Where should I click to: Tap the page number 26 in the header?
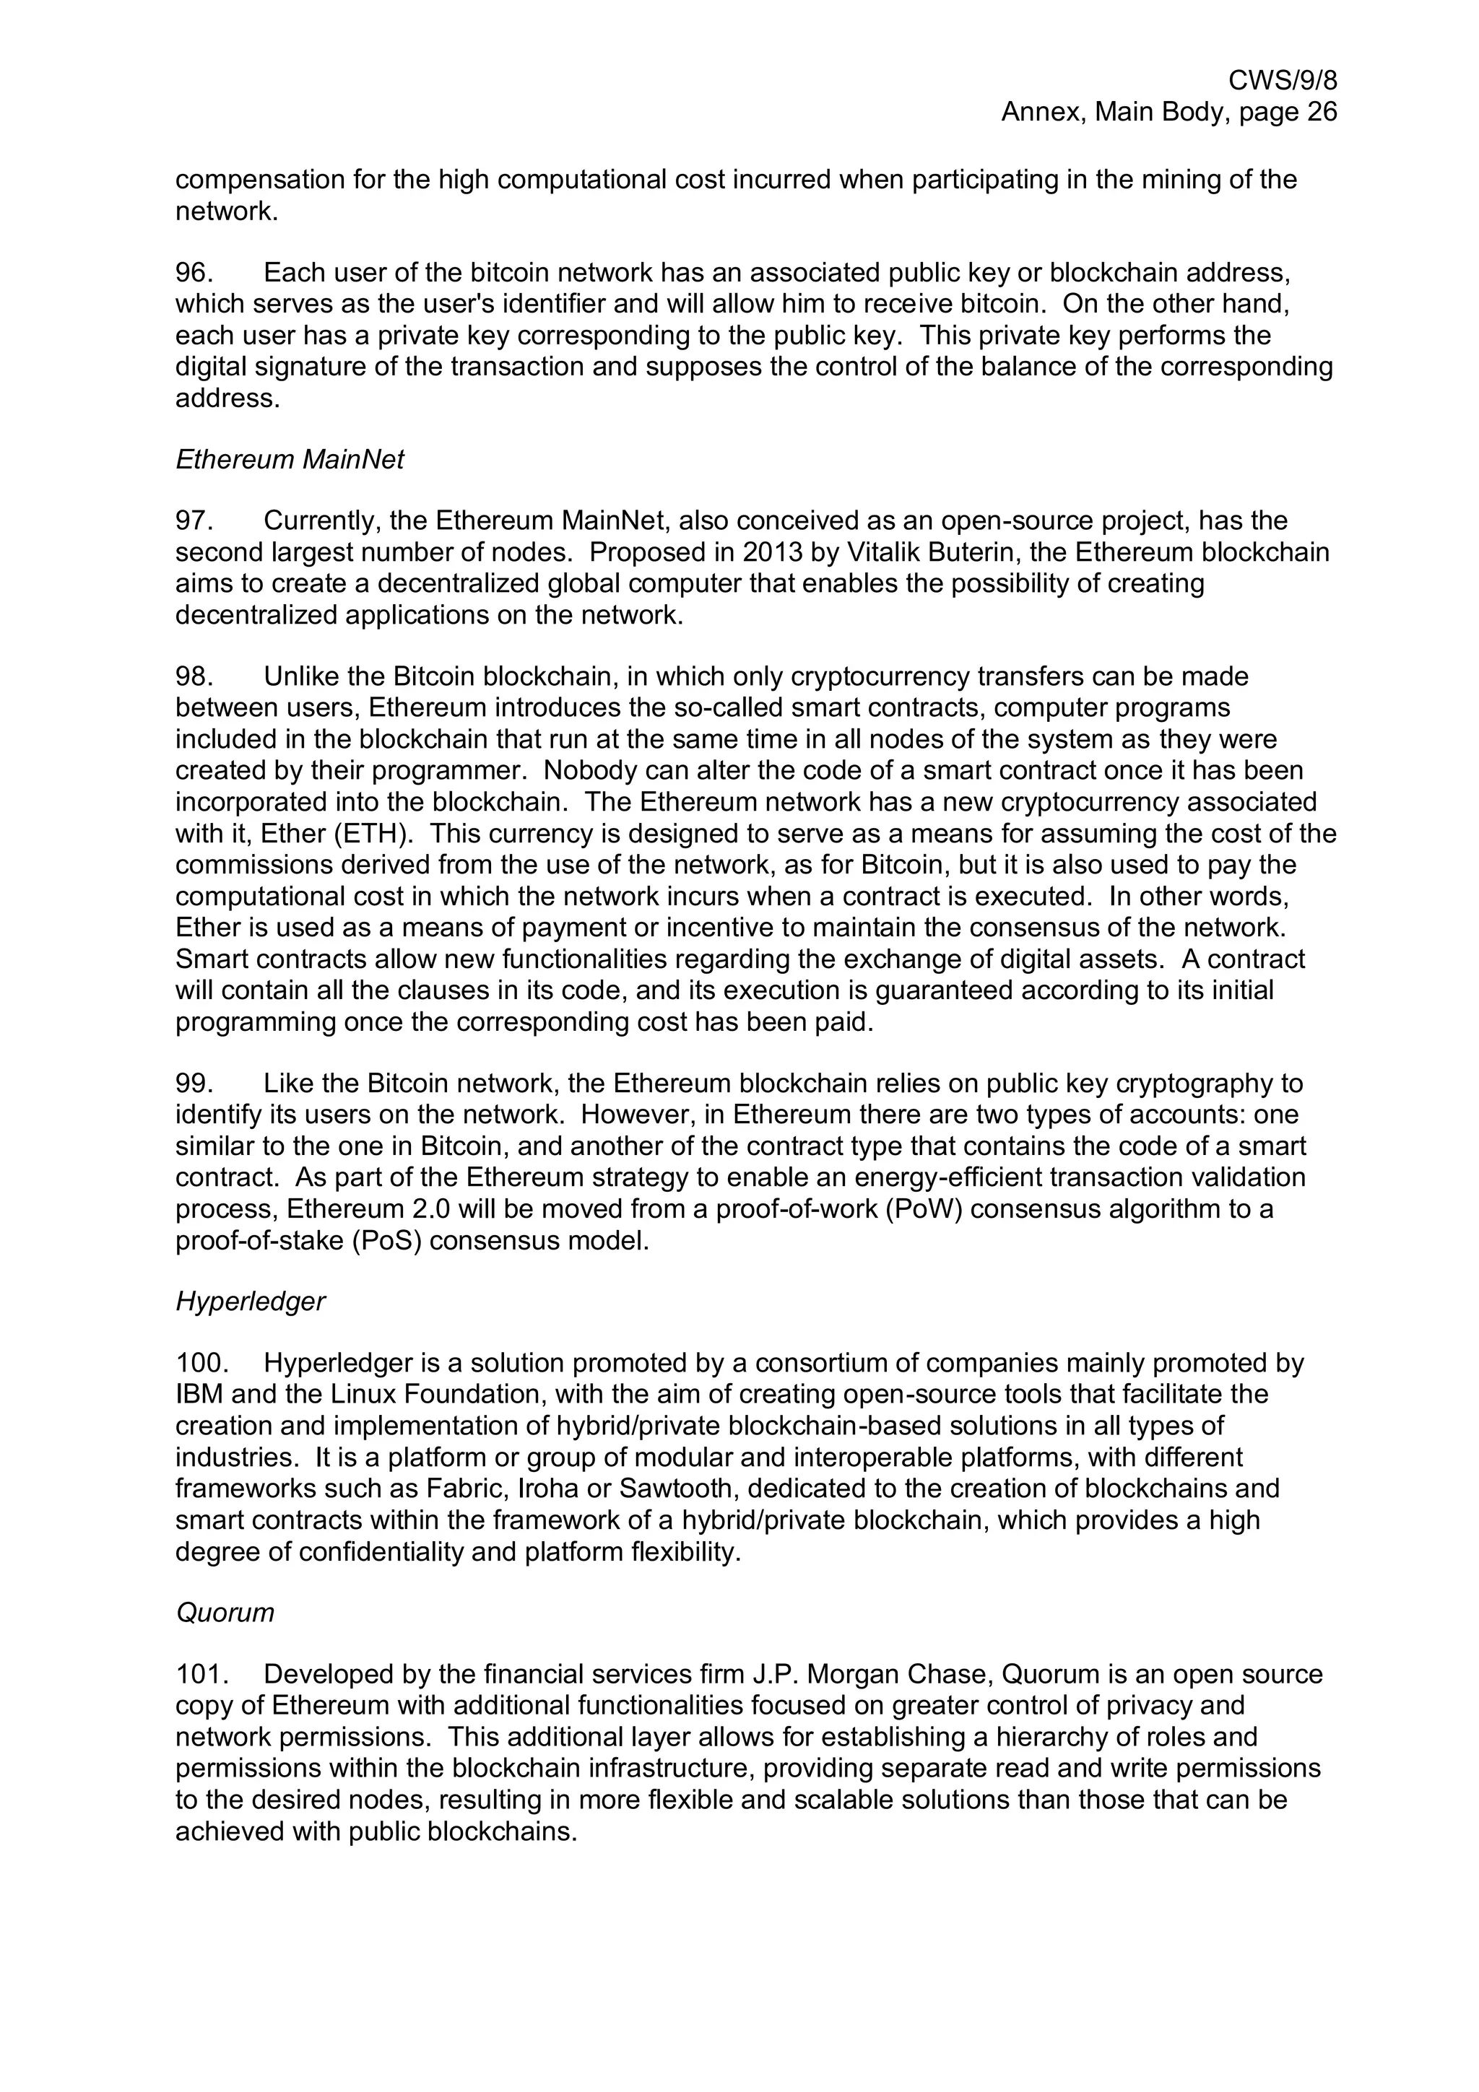click(x=1319, y=112)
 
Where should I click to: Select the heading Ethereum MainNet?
click(x=289, y=459)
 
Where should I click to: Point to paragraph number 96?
click(x=194, y=272)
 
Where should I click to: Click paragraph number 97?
click(x=194, y=521)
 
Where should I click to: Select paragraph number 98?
click(x=194, y=677)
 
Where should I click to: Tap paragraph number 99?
click(x=194, y=1084)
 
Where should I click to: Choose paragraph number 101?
click(x=201, y=1675)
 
